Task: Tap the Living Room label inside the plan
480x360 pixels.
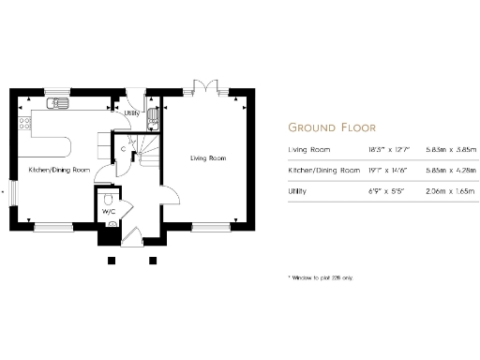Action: pos(208,158)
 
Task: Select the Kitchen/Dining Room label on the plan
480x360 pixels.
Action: pos(59,170)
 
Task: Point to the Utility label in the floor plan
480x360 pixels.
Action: pos(131,112)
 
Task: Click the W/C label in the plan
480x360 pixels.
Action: pos(108,212)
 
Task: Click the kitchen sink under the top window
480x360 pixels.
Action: pos(59,103)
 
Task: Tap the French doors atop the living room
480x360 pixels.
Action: pos(199,87)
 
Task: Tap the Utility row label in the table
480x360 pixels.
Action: pos(298,191)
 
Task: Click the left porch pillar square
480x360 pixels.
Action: pos(112,259)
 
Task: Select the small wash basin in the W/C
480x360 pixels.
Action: pos(112,223)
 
